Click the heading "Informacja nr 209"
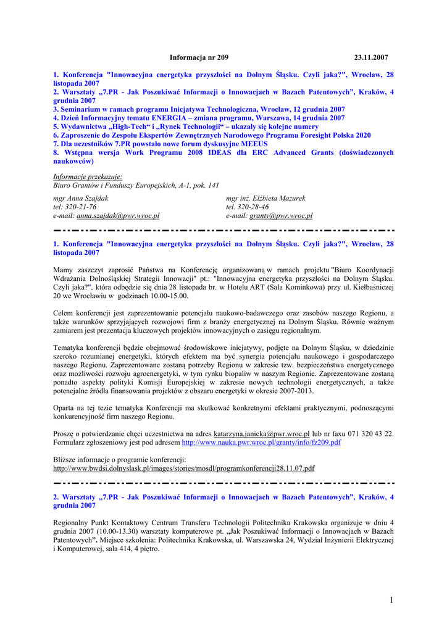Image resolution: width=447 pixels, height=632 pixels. [x=199, y=57]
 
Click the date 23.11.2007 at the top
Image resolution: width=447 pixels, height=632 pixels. [x=370, y=57]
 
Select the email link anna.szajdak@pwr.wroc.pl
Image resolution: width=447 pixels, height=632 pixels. [x=118, y=216]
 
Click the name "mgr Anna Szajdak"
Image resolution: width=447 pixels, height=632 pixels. [x=81, y=198]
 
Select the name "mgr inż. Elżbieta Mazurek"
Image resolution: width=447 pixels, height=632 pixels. [x=265, y=198]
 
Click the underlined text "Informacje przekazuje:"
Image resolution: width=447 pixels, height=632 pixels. [x=88, y=176]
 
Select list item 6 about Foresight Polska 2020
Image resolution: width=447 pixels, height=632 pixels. [x=212, y=135]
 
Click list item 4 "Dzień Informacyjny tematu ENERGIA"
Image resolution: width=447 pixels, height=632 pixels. [x=199, y=118]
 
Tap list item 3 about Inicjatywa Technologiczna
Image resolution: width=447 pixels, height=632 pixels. [x=199, y=109]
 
